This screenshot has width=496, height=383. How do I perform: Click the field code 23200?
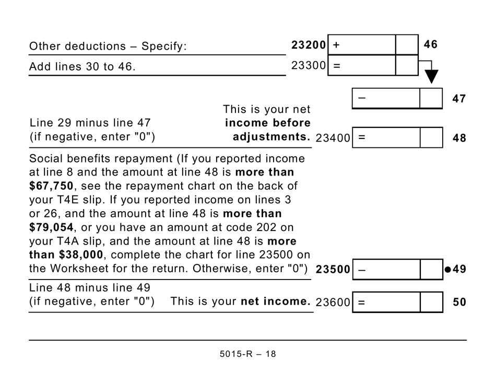pyautogui.click(x=309, y=45)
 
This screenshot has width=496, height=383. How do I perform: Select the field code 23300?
pyautogui.click(x=309, y=66)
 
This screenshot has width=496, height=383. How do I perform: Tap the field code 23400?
pyautogui.click(x=333, y=138)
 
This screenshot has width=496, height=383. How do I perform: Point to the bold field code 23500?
pyautogui.click(x=333, y=270)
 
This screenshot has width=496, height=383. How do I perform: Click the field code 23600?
pyautogui.click(x=333, y=302)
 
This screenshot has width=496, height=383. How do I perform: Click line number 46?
pyautogui.click(x=430, y=45)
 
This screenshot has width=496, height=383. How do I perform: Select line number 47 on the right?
pyautogui.click(x=458, y=99)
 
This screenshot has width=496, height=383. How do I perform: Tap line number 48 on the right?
pyautogui.click(x=458, y=138)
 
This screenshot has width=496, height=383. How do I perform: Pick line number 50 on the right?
pyautogui.click(x=458, y=302)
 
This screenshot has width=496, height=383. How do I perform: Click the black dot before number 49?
pyautogui.click(x=447, y=270)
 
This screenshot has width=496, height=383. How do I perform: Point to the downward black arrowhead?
pyautogui.click(x=431, y=77)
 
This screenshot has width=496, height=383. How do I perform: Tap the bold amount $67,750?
pyautogui.click(x=52, y=186)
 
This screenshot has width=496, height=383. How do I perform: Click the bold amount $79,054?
pyautogui.click(x=52, y=228)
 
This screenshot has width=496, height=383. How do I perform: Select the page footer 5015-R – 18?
pyautogui.click(x=248, y=354)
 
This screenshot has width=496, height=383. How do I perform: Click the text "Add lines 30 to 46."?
pyautogui.click(x=82, y=66)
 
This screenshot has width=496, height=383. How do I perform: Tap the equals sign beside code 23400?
pyautogui.click(x=361, y=138)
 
